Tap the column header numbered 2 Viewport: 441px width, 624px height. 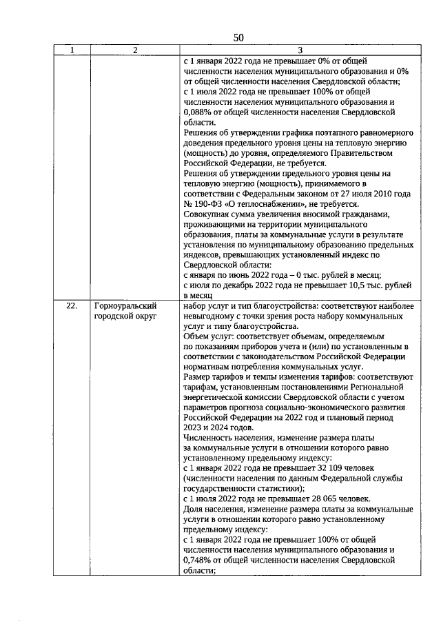click(135, 50)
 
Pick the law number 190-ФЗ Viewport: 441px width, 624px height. click(214, 204)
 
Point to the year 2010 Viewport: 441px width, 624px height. click(356, 194)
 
